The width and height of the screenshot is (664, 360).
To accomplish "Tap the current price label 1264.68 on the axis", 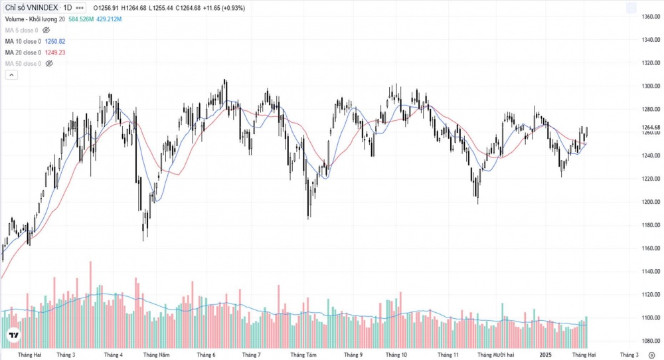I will pos(651,127).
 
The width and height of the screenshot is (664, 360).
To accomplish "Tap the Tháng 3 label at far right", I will pos(628,355).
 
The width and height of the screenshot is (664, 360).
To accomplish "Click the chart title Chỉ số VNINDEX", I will pos(31,8).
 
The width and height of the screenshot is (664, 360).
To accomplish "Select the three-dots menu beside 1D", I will pos(80,8).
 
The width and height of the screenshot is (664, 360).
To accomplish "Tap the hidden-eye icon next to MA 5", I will pos(46,31).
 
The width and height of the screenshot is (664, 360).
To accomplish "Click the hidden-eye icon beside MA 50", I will pos(48,64).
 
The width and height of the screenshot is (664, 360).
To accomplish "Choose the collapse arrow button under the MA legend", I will pos(11,75).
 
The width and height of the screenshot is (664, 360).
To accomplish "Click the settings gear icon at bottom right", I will pos(651,355).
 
